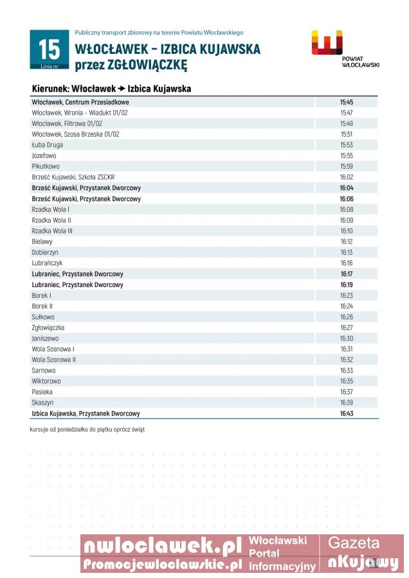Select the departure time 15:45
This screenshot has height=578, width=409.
[346, 102]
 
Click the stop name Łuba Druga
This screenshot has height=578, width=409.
[47, 145]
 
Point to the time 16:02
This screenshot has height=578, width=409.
[346, 177]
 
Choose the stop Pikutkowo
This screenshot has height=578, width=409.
[46, 166]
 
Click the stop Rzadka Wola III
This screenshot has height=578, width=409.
[52, 231]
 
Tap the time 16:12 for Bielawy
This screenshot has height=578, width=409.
[346, 241]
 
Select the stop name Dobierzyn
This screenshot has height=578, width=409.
[45, 252]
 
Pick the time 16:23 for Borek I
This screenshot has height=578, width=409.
[346, 295]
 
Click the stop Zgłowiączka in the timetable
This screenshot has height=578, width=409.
[48, 328]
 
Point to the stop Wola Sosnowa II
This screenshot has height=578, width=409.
[53, 360]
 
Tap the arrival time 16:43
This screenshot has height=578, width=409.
[346, 414]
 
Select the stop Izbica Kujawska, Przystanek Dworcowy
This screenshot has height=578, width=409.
[86, 414]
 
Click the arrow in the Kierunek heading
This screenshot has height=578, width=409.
[121, 89]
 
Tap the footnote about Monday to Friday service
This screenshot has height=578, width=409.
[87, 429]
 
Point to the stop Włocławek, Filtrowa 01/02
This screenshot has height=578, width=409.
[67, 123]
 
